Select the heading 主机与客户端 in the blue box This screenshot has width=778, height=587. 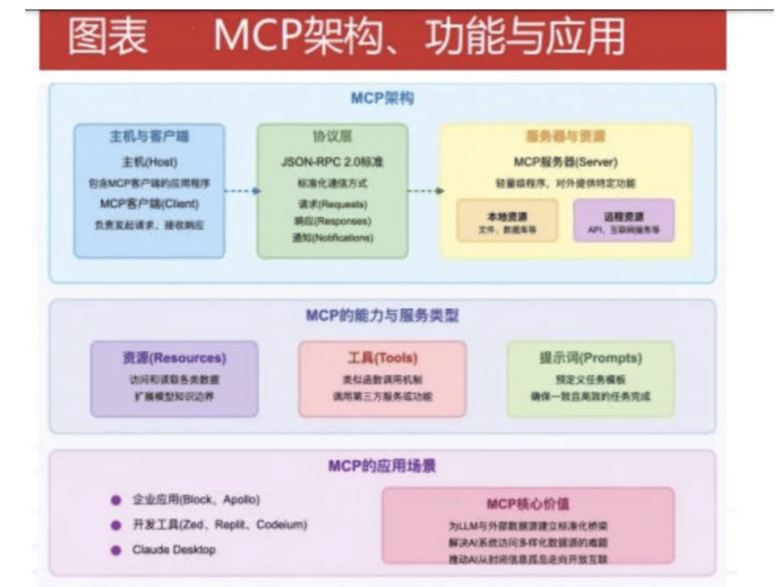tap(148, 137)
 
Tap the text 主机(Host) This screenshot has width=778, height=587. tap(148, 162)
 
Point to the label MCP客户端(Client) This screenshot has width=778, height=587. tap(148, 204)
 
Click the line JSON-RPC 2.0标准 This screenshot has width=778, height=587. tap(332, 162)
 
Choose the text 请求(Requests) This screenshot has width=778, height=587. tap(332, 204)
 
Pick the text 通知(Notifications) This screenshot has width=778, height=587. tap(332, 238)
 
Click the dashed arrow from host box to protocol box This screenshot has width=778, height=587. tap(241, 191)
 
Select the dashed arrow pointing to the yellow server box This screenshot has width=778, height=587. tap(424, 191)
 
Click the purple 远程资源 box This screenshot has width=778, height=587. tap(624, 221)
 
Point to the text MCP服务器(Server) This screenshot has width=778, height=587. tap(565, 162)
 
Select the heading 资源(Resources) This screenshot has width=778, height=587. tap(174, 358)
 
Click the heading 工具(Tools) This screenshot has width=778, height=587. tap(383, 358)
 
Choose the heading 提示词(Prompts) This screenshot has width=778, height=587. tap(591, 358)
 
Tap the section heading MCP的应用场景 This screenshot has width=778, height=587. tap(383, 466)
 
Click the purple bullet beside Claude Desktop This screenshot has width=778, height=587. tap(115, 550)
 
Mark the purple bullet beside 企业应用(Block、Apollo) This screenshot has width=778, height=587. tap(115, 500)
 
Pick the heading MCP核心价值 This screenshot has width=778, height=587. tap(528, 504)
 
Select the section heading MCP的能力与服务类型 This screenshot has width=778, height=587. tap(383, 315)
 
